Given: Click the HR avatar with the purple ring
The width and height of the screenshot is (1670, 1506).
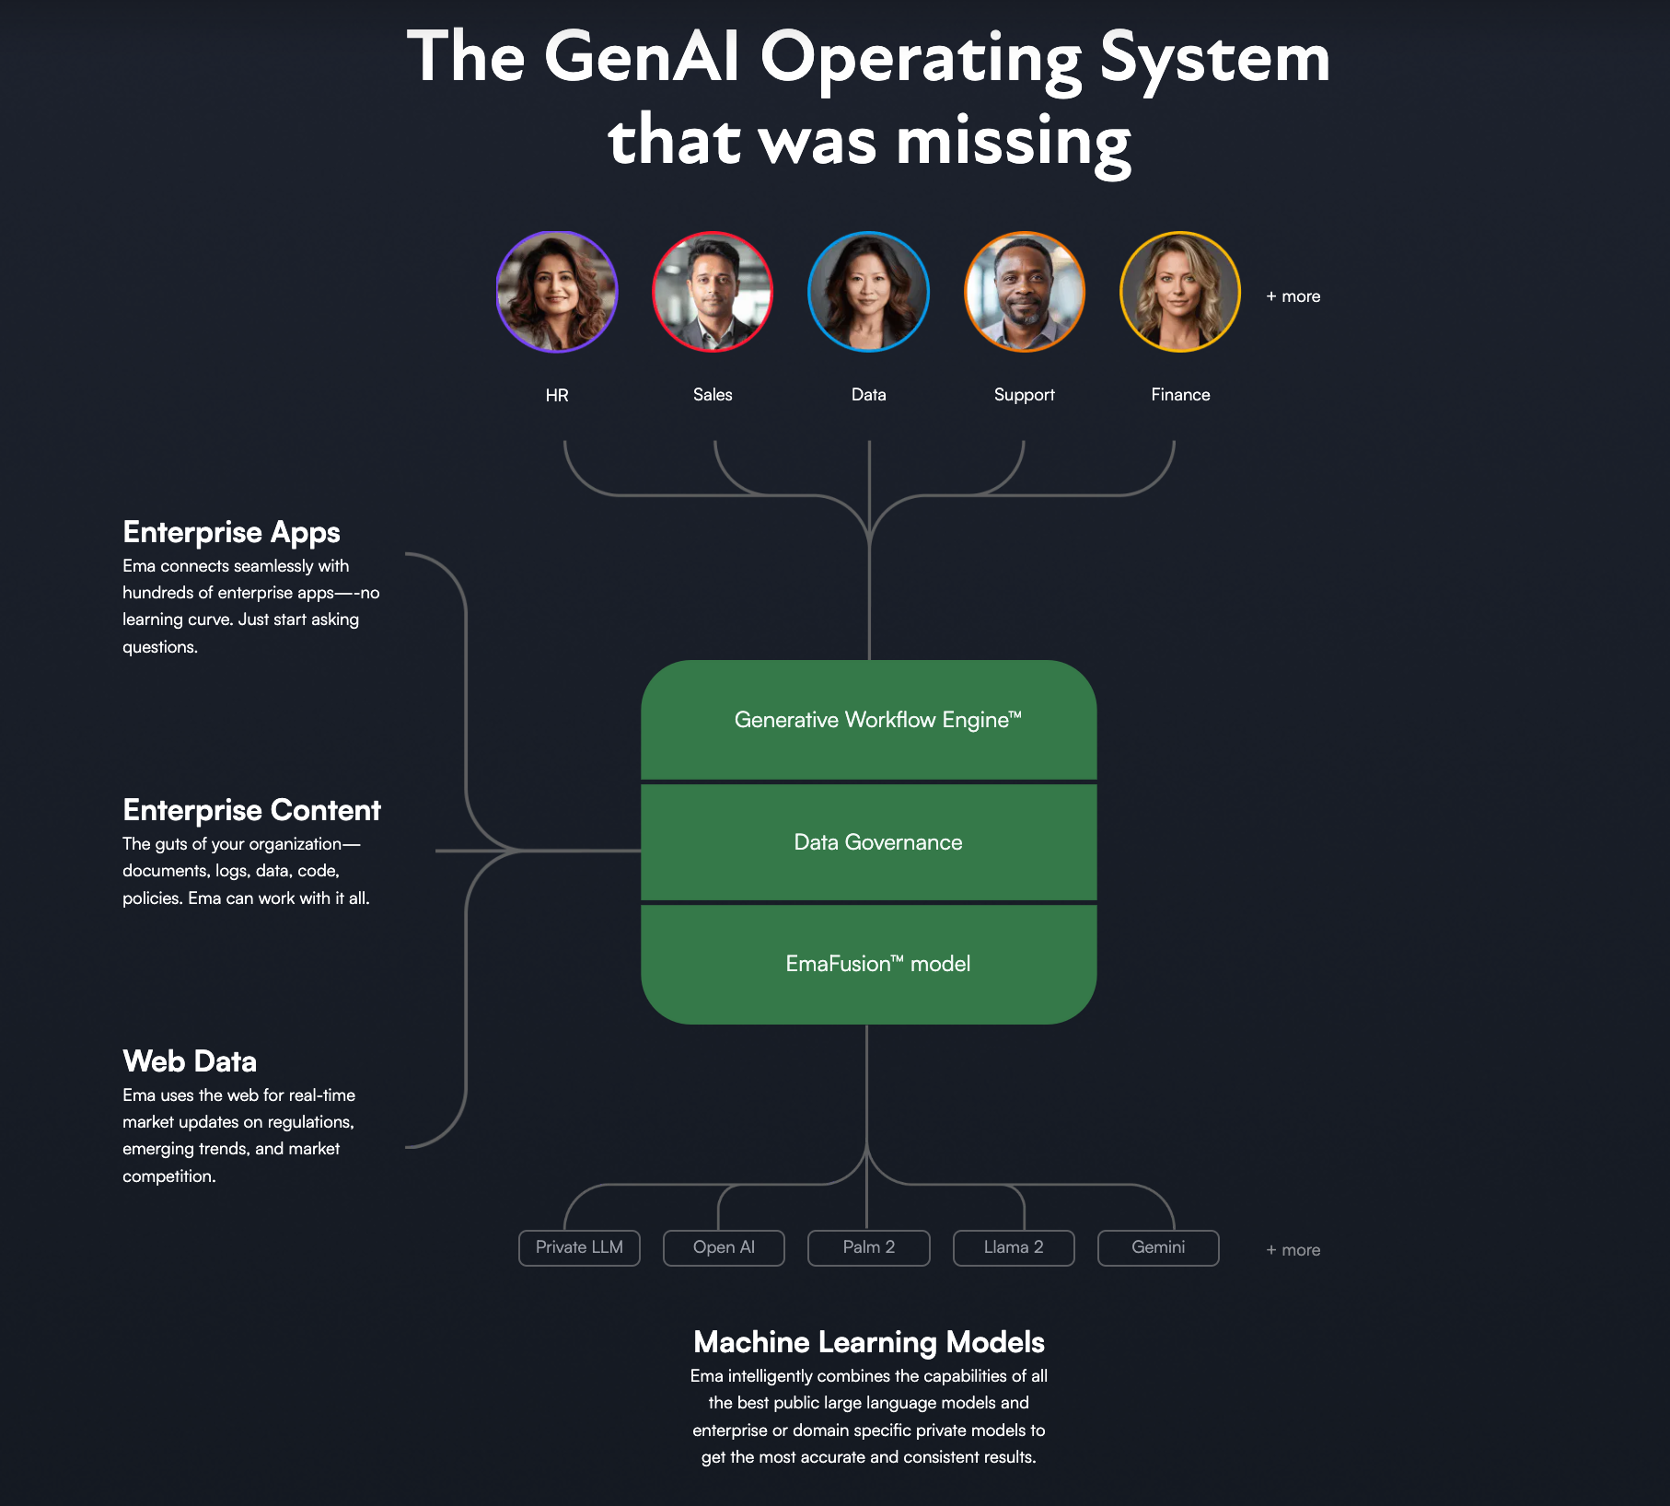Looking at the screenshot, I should [x=557, y=292].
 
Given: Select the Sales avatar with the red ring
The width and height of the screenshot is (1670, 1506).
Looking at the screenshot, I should [x=713, y=292].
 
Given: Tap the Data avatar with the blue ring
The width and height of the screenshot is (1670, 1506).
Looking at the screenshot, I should [x=868, y=292].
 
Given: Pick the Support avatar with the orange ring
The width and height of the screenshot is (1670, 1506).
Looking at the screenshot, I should [x=1025, y=292].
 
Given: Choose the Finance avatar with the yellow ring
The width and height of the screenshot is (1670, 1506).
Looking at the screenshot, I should [x=1180, y=292].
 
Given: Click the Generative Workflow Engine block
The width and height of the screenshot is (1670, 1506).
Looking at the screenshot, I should [x=869, y=720].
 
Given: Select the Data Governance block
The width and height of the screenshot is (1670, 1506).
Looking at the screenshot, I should [x=869, y=842].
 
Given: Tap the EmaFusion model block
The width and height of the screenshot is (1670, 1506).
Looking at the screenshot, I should [x=869, y=964].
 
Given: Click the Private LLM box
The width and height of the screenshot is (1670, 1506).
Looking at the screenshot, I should [x=579, y=1247].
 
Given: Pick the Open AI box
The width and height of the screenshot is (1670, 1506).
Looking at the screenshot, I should [x=724, y=1247].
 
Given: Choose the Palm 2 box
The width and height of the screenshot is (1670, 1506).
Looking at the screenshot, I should [x=869, y=1247].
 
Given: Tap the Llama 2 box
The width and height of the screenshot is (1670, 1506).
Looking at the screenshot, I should [x=1014, y=1247].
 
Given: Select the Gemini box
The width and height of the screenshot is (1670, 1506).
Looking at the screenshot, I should [x=1158, y=1247].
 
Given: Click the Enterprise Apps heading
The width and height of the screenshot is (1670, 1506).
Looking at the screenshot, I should [x=231, y=532].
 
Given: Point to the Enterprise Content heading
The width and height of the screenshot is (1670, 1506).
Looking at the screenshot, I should [x=251, y=810].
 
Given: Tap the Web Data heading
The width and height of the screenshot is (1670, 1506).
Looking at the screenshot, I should [x=190, y=1061].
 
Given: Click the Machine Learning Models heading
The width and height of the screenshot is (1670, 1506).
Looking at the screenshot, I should [x=869, y=1342].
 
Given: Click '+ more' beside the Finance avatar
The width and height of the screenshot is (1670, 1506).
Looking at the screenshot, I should [x=1293, y=296].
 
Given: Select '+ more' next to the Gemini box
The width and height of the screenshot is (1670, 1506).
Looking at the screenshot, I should [x=1293, y=1250].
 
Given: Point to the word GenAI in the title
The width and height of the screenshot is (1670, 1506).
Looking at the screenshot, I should [x=642, y=57].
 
